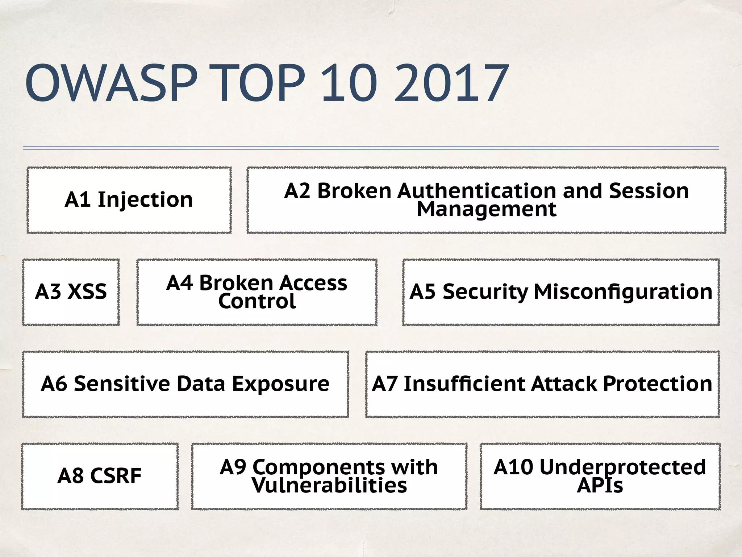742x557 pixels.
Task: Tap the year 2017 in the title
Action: coord(451,83)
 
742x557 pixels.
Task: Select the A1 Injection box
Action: coord(129,200)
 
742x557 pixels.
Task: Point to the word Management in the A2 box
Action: coord(487,209)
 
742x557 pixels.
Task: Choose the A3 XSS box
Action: coord(71,292)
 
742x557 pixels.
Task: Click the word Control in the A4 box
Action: coord(257,301)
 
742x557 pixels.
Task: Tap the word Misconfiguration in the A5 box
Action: coord(623,292)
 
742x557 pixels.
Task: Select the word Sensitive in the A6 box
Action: coord(122,384)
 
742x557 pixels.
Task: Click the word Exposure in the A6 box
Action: coord(280,384)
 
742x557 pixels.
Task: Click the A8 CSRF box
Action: coord(100,476)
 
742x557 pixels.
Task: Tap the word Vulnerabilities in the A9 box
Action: coord(329,486)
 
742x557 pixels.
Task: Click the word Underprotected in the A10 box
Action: coord(622,467)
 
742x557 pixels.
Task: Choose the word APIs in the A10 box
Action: coord(600,486)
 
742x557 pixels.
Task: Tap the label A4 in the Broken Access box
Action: coord(179,283)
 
